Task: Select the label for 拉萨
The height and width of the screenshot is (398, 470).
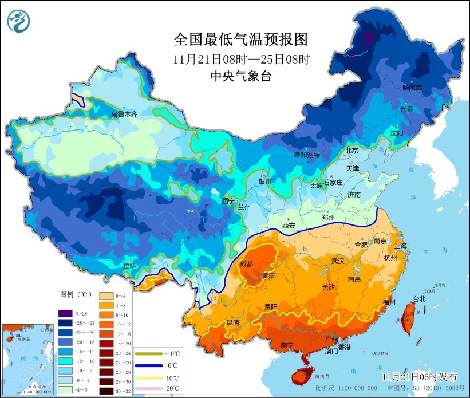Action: tap(130, 265)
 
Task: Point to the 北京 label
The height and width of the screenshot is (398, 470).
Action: tap(351, 151)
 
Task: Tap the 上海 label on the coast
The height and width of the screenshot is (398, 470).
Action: tap(401, 246)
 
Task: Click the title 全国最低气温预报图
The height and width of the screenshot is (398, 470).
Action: tap(240, 39)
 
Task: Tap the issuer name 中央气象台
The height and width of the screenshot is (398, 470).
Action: tap(240, 76)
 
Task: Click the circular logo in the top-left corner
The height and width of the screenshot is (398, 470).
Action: tap(18, 20)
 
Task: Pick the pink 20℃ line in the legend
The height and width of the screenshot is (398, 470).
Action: tap(149, 388)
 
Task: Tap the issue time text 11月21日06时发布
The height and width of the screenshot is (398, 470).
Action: tap(420, 376)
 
